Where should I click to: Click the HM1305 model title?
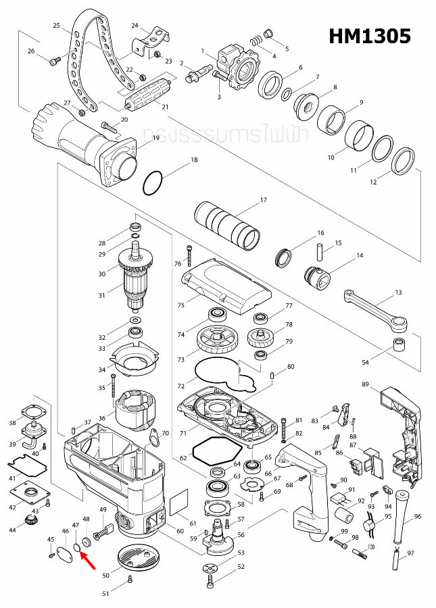point(369,36)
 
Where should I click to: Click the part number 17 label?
point(264,200)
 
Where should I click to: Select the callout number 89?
point(365,384)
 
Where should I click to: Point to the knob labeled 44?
point(30,520)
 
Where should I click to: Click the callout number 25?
point(57,25)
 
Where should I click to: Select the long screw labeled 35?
point(114,390)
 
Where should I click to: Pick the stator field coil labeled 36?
point(136,411)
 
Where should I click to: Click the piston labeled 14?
point(315,277)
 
